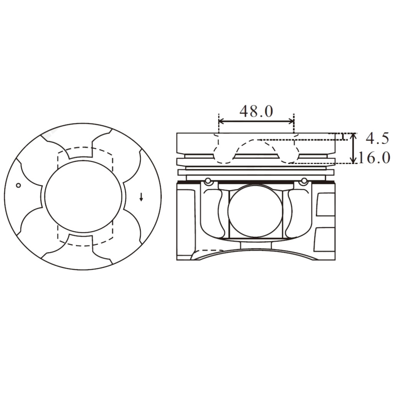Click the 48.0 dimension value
pos(256,111)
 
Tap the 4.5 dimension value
pos(377,138)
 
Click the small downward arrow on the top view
pos(141,197)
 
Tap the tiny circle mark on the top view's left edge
pos(18,185)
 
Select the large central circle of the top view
pos(83,196)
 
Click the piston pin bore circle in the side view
pos(255,211)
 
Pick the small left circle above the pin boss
pos(208,181)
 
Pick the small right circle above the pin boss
pos(304,181)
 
